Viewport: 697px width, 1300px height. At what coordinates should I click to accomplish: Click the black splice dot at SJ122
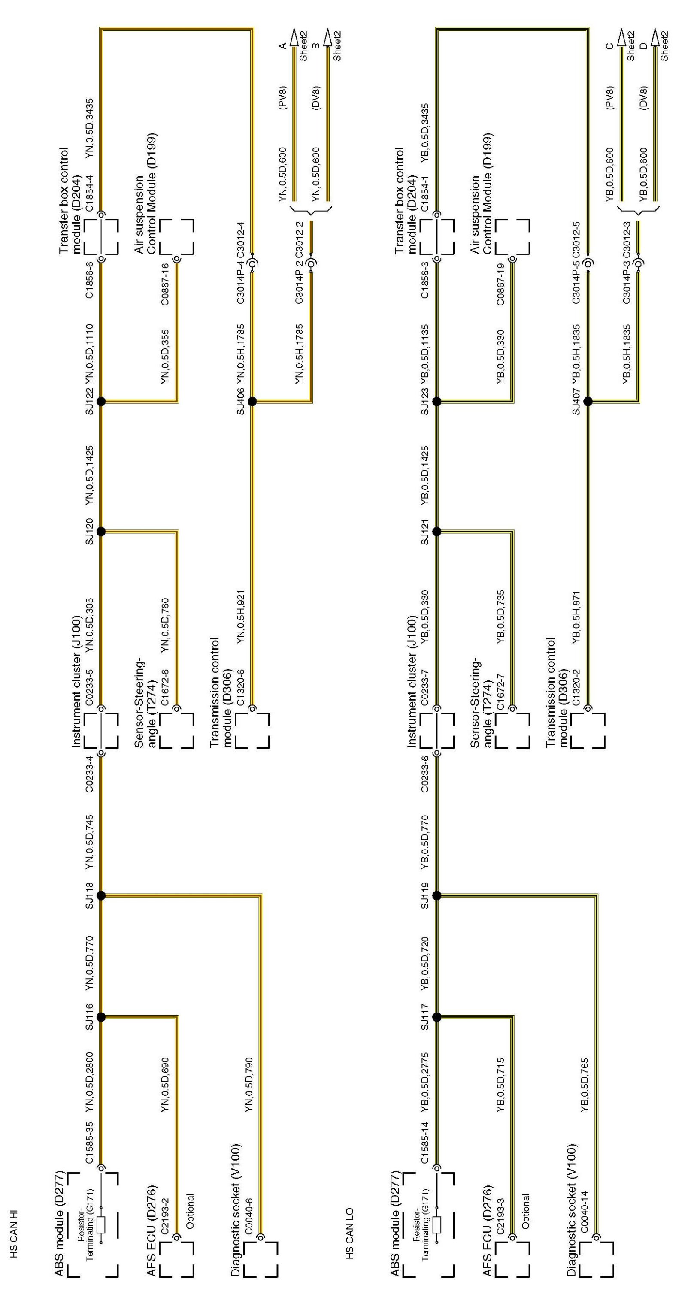coord(101,402)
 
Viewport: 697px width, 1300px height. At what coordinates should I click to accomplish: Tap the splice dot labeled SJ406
coord(252,402)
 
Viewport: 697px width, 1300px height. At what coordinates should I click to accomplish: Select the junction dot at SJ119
coord(437,896)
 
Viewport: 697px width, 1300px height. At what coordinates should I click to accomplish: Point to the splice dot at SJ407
coord(588,402)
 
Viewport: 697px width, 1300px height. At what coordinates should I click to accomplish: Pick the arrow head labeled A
coord(295,37)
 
